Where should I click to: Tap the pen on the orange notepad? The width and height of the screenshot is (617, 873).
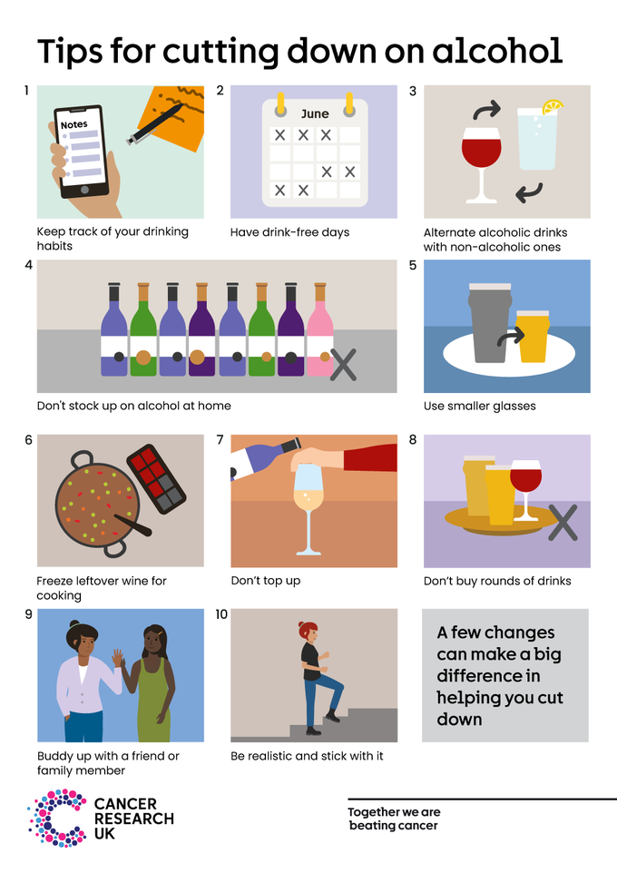click(156, 125)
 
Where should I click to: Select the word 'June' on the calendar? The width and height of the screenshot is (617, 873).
click(314, 114)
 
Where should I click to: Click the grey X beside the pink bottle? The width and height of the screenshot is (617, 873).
click(343, 365)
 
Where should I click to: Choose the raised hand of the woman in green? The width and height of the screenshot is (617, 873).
click(117, 659)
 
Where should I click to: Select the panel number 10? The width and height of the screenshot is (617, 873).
click(221, 614)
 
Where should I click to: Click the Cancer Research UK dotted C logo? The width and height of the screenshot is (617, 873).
click(57, 817)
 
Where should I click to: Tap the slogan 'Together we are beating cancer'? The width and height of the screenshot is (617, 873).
click(394, 819)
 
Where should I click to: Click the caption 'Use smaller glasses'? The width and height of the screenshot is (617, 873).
click(479, 406)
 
